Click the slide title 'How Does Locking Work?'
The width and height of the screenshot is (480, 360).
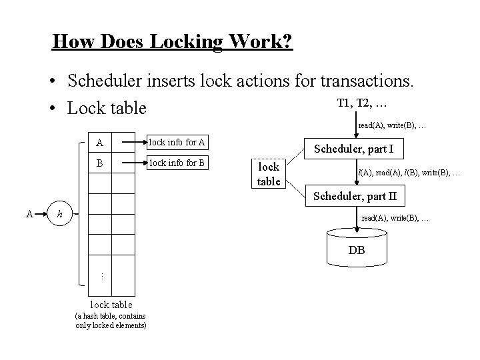172,42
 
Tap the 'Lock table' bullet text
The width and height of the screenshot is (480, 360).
107,107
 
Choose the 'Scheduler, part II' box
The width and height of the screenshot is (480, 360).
359,197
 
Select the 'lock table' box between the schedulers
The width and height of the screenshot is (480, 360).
269,174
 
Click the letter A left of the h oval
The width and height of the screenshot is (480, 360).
29,213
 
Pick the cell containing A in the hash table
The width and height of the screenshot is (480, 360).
100,142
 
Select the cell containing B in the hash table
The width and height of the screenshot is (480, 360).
100,162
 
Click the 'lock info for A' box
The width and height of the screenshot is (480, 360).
177,141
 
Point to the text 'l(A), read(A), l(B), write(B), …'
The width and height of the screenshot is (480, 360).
409,173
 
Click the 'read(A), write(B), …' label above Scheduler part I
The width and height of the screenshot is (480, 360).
393,125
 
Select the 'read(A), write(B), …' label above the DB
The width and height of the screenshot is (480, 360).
395,218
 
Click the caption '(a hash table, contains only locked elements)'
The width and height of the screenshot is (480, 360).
111,320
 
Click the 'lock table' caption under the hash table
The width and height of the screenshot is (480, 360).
111,305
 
